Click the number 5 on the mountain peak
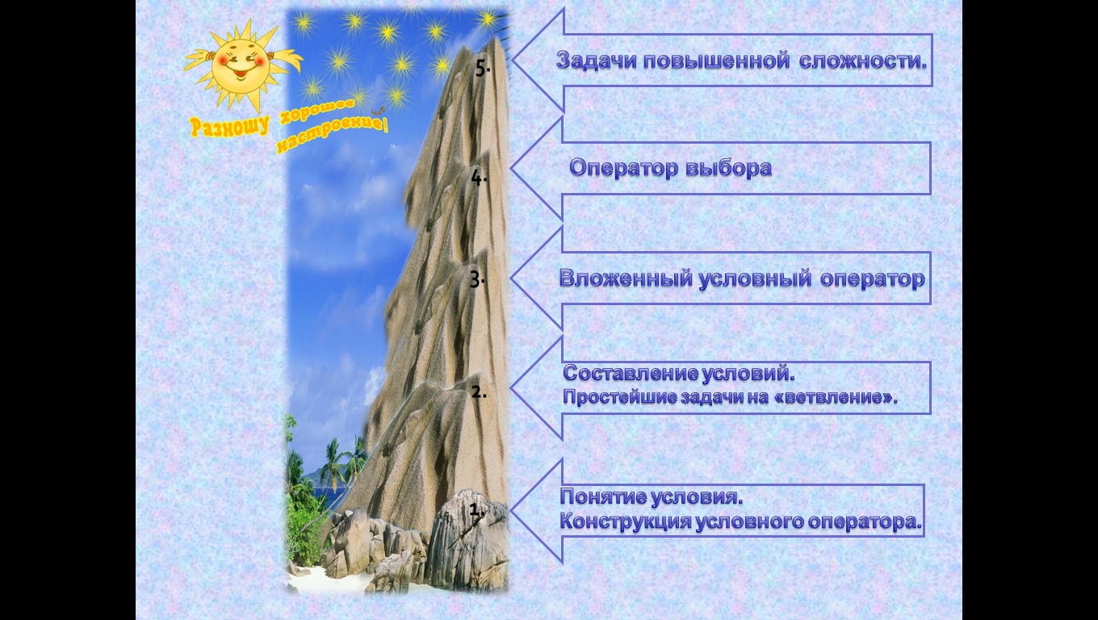pos(481,68)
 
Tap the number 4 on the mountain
pos(476,178)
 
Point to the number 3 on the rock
pos(476,279)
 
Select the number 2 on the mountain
pos(479,392)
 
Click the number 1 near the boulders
pos(476,509)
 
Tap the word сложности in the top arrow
pos(863,61)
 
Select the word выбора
pos(728,168)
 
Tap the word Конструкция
pos(626,521)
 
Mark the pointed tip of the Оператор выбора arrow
pos(510,168)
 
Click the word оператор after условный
pos(873,279)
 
